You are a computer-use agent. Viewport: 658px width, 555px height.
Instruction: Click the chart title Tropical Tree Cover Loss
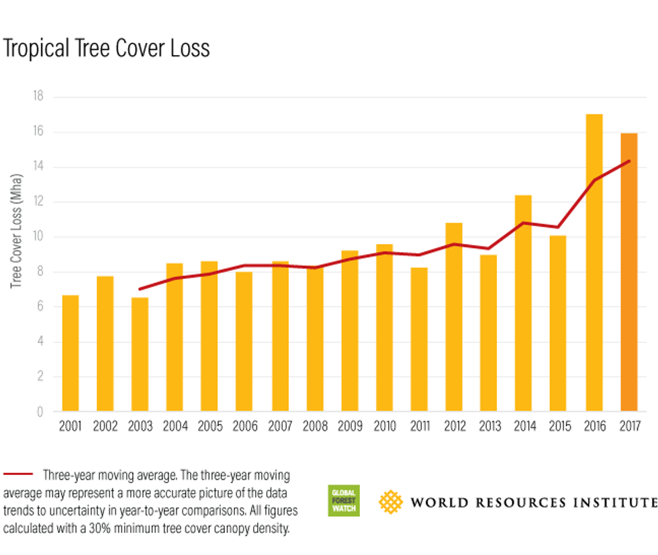[106, 49]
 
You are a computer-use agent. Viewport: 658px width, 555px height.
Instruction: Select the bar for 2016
[594, 262]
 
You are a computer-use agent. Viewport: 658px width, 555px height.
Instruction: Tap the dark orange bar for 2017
[628, 272]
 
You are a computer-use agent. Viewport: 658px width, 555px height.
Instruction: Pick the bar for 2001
[70, 353]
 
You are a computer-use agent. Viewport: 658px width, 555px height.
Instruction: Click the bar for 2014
[523, 302]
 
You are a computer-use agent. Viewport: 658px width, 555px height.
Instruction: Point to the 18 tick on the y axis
[38, 97]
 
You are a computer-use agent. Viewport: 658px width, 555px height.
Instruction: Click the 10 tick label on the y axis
[38, 237]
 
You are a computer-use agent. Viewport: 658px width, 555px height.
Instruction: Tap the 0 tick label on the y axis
[40, 412]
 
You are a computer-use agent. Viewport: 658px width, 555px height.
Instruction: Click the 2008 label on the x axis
[315, 427]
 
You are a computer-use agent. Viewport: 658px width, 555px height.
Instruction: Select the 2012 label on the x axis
[455, 427]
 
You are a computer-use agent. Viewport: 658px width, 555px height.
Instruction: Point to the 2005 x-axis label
[210, 427]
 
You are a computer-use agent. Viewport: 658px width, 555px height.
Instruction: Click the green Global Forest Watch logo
[344, 501]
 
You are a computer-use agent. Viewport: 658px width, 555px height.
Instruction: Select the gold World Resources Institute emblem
[391, 501]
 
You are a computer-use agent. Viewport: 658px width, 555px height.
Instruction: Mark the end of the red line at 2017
[629, 161]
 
